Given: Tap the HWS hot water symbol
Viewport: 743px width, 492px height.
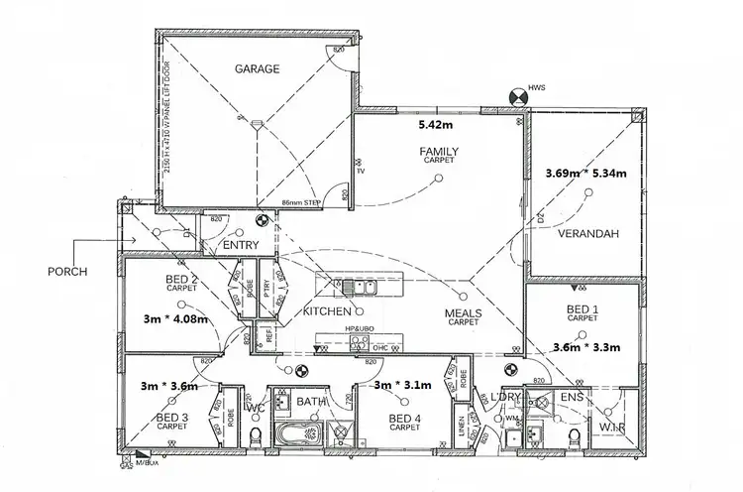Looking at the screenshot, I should (x=517, y=97).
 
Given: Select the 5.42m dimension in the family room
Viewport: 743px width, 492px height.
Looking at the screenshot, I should (x=436, y=127).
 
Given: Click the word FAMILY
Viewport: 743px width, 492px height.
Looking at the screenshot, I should (x=437, y=150).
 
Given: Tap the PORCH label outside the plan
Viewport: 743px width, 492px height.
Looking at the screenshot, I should (x=67, y=270).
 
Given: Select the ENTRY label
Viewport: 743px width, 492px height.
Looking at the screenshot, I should (x=240, y=246).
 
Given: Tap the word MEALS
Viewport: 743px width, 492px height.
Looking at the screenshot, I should (x=463, y=312).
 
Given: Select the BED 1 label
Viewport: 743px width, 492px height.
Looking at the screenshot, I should (x=582, y=310).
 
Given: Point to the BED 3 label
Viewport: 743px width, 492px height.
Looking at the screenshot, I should (x=172, y=419).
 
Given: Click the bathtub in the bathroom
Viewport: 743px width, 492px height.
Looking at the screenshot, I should (x=297, y=434).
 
